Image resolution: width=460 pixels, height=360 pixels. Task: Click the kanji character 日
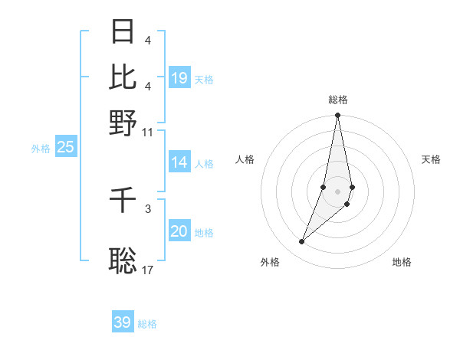coord(123,31)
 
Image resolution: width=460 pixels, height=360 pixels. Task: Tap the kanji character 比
coord(123,76)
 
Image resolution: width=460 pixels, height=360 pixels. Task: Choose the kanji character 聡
coord(123,260)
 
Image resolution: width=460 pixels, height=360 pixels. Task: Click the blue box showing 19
coord(179,78)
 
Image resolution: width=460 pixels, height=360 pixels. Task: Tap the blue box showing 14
coord(179,162)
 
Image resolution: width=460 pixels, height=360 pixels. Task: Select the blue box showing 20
coord(179,231)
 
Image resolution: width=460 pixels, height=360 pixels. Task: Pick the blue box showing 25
coord(65,148)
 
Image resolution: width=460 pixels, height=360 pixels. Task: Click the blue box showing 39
coord(123,322)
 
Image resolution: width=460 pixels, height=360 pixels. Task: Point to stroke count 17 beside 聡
coord(148,270)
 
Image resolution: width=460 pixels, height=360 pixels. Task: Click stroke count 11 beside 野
coord(148,132)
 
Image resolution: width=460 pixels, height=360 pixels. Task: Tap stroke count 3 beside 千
coord(148,208)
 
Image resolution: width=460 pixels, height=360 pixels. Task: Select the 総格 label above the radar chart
coord(338,100)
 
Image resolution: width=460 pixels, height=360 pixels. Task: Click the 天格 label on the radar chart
coord(431,159)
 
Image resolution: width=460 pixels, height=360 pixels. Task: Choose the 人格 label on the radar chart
coord(245,159)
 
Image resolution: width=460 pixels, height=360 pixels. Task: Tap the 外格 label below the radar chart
coord(270,262)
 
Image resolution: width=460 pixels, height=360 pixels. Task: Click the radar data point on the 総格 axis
coord(337,116)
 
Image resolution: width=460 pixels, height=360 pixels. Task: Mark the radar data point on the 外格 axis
coord(302,242)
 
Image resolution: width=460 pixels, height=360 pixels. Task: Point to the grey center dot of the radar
coord(337,191)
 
